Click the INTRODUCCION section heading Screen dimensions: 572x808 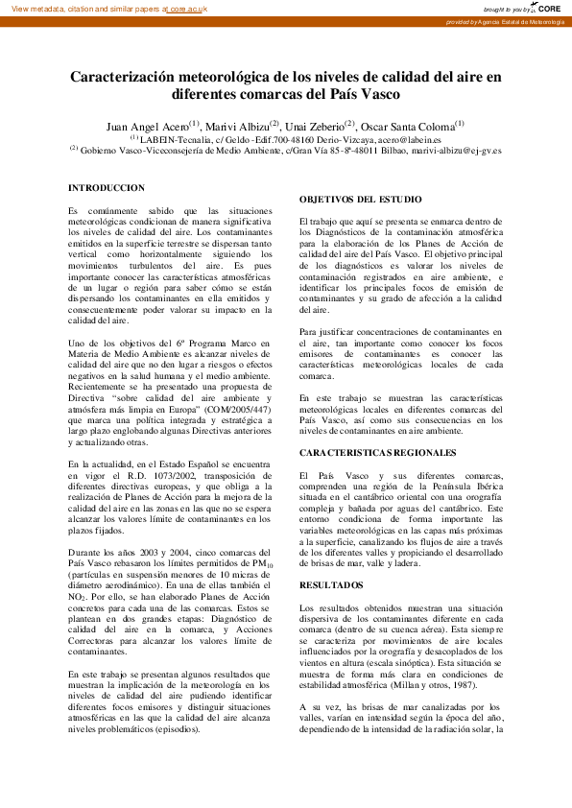107,188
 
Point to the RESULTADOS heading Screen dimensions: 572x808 325,583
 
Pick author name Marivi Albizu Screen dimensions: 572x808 236,127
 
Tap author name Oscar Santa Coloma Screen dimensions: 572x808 408,127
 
